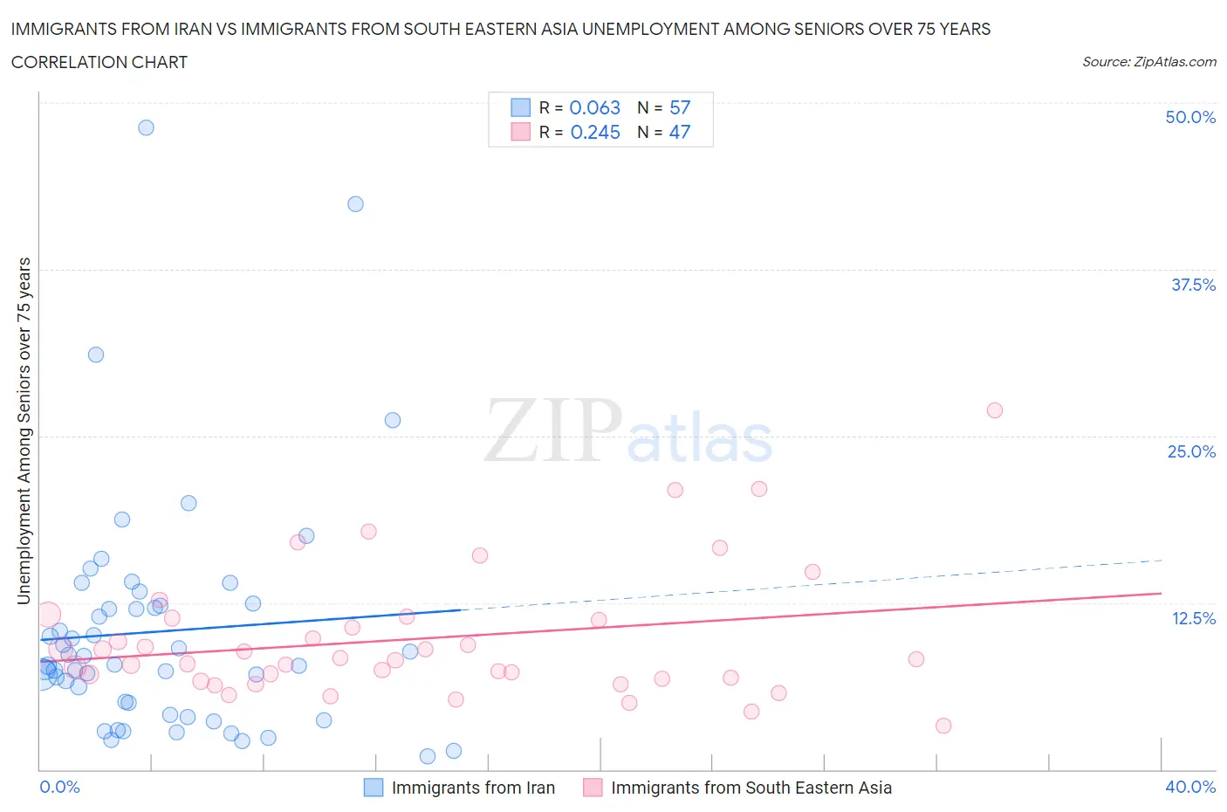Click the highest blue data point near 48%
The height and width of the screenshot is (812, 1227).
pyautogui.click(x=146, y=127)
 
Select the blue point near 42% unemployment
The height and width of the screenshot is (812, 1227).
pyautogui.click(x=355, y=204)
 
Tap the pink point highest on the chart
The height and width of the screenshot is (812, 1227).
pyautogui.click(x=994, y=410)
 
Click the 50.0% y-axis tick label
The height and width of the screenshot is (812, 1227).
pyautogui.click(x=1190, y=117)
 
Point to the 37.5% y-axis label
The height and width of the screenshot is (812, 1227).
pyautogui.click(x=1193, y=285)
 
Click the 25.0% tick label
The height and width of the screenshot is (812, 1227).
pyautogui.click(x=1191, y=451)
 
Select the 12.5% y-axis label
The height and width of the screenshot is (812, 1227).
pyautogui.click(x=1193, y=618)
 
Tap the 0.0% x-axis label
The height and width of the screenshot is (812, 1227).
pyautogui.click(x=59, y=787)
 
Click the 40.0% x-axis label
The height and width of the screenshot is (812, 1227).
pyautogui.click(x=1190, y=787)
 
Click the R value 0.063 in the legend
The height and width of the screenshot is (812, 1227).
pyautogui.click(x=594, y=107)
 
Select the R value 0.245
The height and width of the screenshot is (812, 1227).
pyautogui.click(x=595, y=132)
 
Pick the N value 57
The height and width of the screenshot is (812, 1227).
pyautogui.click(x=680, y=107)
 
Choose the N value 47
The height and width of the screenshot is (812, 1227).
pyautogui.click(x=680, y=132)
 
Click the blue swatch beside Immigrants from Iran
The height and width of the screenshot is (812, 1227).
pyautogui.click(x=374, y=788)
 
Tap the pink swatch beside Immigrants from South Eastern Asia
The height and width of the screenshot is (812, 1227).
pyautogui.click(x=593, y=788)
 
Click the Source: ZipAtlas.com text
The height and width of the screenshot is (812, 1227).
pyautogui.click(x=1148, y=62)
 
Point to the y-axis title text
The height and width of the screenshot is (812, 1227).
pyautogui.click(x=24, y=430)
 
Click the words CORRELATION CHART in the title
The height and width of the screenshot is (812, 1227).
pyautogui.click(x=99, y=62)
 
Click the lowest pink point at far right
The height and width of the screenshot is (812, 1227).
pyautogui.click(x=943, y=726)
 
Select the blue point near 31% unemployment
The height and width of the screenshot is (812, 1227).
pyautogui.click(x=96, y=354)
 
